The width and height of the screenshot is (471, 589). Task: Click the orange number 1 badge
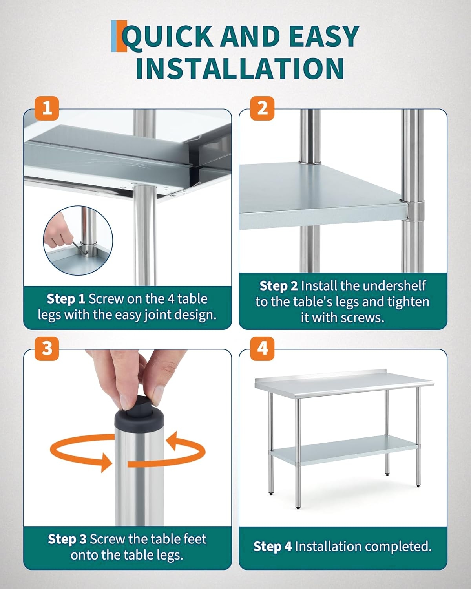(47, 108)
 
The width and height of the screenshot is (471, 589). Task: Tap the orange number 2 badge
(262, 108)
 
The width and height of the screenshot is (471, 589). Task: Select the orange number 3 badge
(47, 349)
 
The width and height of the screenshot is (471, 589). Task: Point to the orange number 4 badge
(262, 349)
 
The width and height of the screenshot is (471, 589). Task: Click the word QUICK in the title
(167, 37)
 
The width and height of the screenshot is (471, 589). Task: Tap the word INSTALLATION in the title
(240, 68)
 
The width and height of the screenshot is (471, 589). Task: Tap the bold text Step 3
(67, 539)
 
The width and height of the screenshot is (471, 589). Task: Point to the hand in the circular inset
(56, 232)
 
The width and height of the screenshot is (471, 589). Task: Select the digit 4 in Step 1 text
(170, 299)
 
